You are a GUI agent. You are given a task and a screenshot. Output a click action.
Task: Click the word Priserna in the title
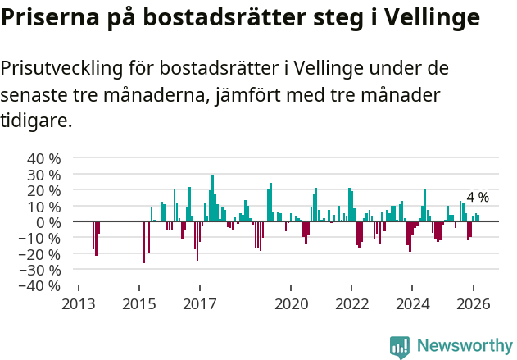click(49, 17)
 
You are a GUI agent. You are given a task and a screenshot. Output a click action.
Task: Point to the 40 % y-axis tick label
click(44, 158)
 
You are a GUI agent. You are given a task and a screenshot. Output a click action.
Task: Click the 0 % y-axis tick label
click(49, 222)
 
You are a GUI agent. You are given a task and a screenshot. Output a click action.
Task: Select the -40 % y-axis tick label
click(42, 286)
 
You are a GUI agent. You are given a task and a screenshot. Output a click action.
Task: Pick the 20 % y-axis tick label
click(44, 190)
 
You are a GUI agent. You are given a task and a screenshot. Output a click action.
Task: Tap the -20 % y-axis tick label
click(42, 254)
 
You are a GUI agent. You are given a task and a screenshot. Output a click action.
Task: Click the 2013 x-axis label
click(79, 303)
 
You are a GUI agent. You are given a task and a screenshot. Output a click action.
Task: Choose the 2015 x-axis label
click(139, 303)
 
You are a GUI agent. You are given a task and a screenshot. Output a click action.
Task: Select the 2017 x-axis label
click(199, 303)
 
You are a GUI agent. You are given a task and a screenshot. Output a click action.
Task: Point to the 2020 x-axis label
click(290, 303)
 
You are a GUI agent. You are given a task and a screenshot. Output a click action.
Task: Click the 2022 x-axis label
click(351, 303)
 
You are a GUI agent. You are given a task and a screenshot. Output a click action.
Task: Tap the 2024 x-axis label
click(411, 303)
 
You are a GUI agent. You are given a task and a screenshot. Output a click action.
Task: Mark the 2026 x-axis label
click(472, 303)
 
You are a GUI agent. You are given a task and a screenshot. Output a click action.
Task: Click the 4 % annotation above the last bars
click(478, 198)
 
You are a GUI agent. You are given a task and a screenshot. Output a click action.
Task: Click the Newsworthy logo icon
click(400, 346)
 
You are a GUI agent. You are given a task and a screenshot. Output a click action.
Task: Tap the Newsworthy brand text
click(464, 346)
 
